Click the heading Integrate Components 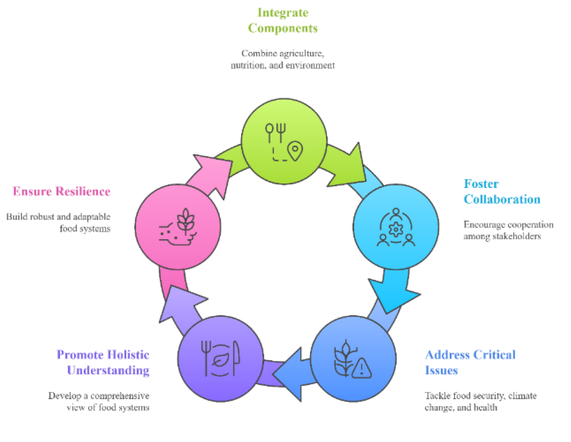click(283, 20)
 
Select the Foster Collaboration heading click(501, 191)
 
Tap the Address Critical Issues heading click(470, 362)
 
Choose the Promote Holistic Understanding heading click(103, 362)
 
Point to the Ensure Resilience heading click(61, 191)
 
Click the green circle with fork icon click(284, 140)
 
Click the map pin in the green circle click(294, 150)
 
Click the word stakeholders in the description click(516, 236)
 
